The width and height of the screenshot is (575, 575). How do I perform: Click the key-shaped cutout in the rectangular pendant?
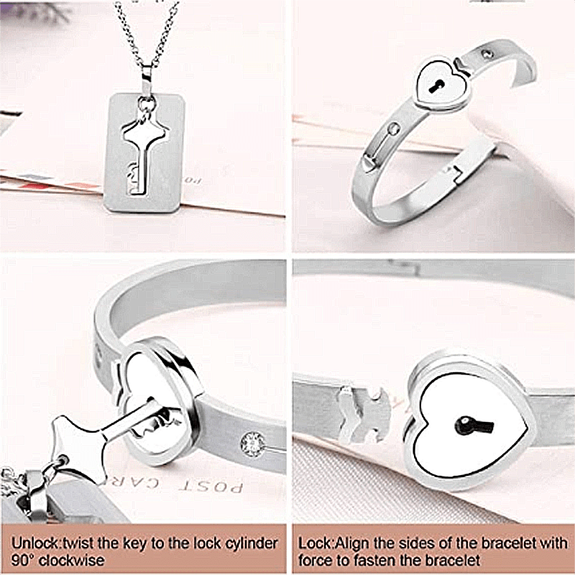pyautogui.click(x=144, y=154)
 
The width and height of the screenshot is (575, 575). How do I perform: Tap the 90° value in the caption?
pyautogui.click(x=22, y=559)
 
